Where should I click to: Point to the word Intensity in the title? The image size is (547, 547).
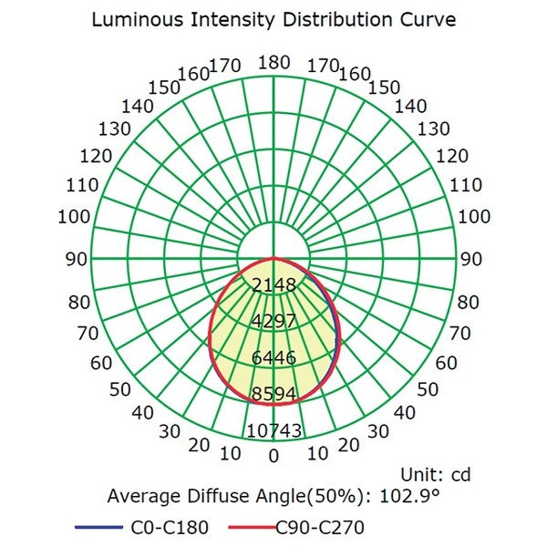click(231, 19)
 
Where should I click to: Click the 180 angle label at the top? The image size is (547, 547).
click(273, 62)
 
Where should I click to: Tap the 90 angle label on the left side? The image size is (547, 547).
click(76, 259)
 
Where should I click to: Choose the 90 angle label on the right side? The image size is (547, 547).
click(471, 259)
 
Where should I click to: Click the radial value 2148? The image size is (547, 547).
click(273, 285)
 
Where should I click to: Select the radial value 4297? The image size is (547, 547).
click(273, 322)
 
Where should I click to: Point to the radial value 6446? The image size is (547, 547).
click(273, 358)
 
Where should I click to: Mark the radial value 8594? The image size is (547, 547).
click(273, 395)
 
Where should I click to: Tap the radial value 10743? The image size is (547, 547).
click(273, 431)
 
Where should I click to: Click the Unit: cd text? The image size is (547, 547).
click(436, 474)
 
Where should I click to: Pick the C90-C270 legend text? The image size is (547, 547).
click(320, 527)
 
